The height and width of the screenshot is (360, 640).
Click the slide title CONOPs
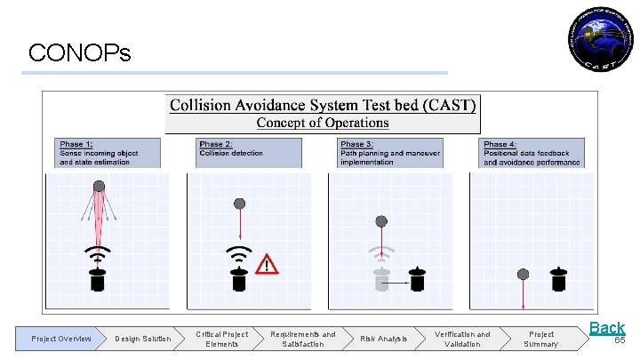pyautogui.click(x=79, y=53)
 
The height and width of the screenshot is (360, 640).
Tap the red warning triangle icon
pyautogui.click(x=267, y=265)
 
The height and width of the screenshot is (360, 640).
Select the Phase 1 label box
pyautogui.click(x=109, y=153)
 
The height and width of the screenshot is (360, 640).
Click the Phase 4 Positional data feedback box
pyautogui.click(x=532, y=153)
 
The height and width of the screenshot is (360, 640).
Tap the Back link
pyautogui.click(x=607, y=328)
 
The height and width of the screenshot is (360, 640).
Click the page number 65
pyautogui.click(x=620, y=340)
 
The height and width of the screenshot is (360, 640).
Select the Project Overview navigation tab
pyautogui.click(x=60, y=339)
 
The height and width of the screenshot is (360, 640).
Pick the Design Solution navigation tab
pyautogui.click(x=142, y=339)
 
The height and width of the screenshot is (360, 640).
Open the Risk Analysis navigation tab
pyautogui.click(x=383, y=339)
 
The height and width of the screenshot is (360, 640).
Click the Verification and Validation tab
pyautogui.click(x=461, y=339)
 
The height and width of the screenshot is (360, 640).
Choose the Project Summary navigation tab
pyautogui.click(x=540, y=339)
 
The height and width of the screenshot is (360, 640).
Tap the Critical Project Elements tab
pyautogui.click(x=222, y=339)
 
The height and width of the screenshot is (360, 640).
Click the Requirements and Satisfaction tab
pyautogui.click(x=302, y=339)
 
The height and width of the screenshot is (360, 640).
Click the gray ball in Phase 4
pyautogui.click(x=524, y=273)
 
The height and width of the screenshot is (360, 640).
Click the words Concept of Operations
pyautogui.click(x=323, y=124)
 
